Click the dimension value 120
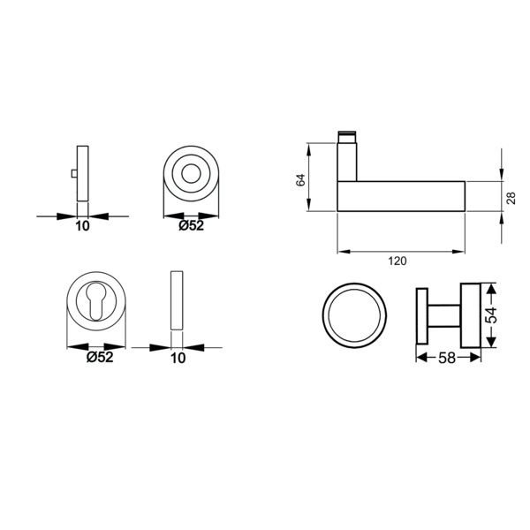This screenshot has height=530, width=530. click(x=397, y=261)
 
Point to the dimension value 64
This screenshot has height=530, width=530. click(x=300, y=180)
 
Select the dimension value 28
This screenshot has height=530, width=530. click(x=512, y=198)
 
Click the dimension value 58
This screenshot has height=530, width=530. click(x=447, y=358)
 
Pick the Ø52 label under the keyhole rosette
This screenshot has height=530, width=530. click(x=100, y=357)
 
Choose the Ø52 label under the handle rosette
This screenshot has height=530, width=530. click(x=192, y=225)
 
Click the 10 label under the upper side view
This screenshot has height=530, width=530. click(x=82, y=226)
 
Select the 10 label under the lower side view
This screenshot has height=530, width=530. click(x=178, y=358)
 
